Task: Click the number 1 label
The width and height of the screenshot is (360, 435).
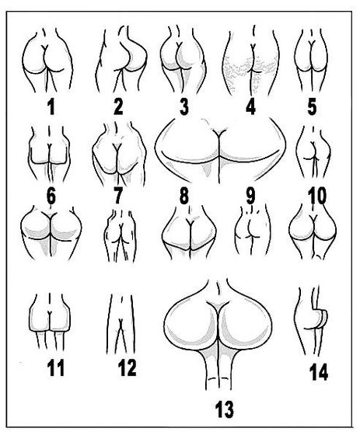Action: (51, 107)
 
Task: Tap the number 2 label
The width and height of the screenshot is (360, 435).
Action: (118, 107)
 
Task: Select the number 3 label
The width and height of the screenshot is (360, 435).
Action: (184, 107)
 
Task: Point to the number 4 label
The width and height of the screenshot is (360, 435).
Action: (251, 107)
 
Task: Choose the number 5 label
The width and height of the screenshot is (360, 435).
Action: (312, 107)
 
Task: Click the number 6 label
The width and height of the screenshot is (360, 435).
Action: (51, 197)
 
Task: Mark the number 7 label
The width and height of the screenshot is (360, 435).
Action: (117, 197)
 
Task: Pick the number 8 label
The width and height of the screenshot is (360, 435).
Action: (184, 197)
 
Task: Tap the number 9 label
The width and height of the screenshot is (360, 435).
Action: (250, 197)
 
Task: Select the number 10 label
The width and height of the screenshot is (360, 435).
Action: (316, 197)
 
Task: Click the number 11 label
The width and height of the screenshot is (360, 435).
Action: (56, 368)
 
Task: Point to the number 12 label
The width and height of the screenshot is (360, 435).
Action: (128, 368)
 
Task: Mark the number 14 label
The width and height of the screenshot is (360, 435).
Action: (319, 372)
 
